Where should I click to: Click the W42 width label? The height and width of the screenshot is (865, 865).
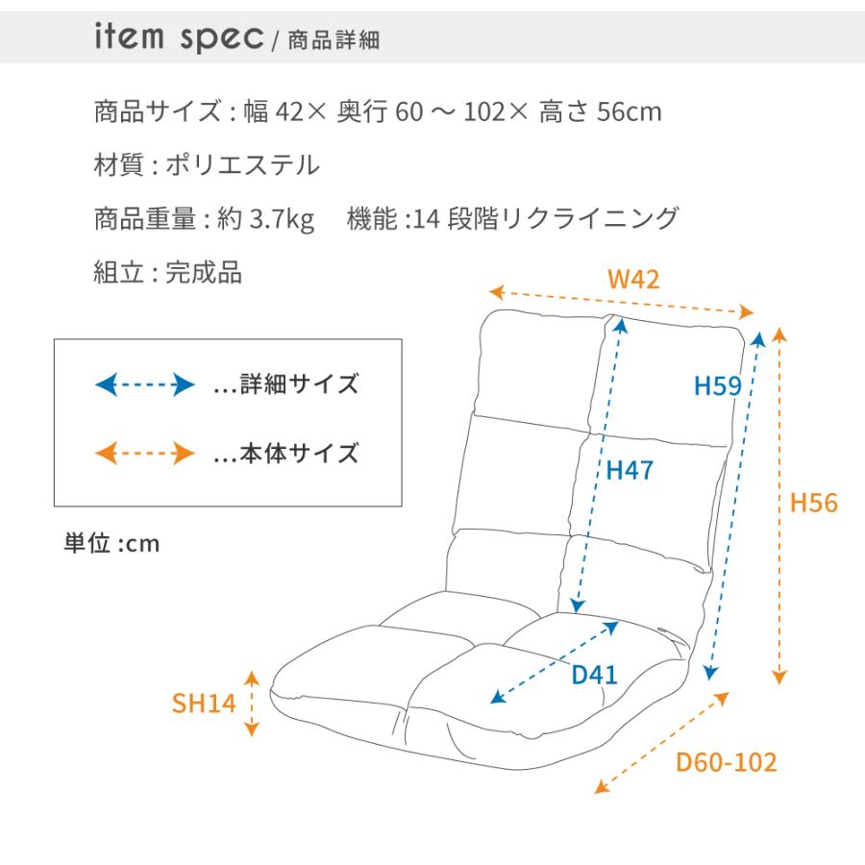[633, 279]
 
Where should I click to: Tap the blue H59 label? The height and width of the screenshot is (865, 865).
[717, 385]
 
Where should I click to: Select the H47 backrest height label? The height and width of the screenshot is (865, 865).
[630, 471]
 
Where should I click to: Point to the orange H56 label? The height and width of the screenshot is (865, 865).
[814, 503]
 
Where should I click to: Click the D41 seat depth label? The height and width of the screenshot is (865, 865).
[594, 675]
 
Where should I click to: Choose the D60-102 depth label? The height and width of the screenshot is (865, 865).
[726, 762]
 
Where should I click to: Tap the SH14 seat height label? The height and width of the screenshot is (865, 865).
[204, 703]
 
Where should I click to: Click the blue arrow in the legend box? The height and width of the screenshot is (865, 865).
[144, 384]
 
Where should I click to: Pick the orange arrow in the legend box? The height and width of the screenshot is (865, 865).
[144, 454]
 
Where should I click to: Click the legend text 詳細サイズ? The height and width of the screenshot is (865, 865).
[299, 383]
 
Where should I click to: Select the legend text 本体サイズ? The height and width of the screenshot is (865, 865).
[299, 453]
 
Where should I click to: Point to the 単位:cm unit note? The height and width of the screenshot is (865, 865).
[112, 543]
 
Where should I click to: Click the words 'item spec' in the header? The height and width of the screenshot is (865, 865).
[179, 37]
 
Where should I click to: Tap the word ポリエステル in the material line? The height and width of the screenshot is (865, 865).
[243, 165]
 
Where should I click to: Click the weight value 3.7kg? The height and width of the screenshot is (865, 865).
[282, 219]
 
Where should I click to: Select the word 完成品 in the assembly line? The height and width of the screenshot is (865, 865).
[204, 272]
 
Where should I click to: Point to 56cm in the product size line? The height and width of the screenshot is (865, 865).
[630, 112]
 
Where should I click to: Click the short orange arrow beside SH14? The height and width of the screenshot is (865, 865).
[252, 704]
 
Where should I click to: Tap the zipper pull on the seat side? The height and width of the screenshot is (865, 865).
[674, 635]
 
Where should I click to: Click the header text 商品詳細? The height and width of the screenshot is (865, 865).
[334, 40]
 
